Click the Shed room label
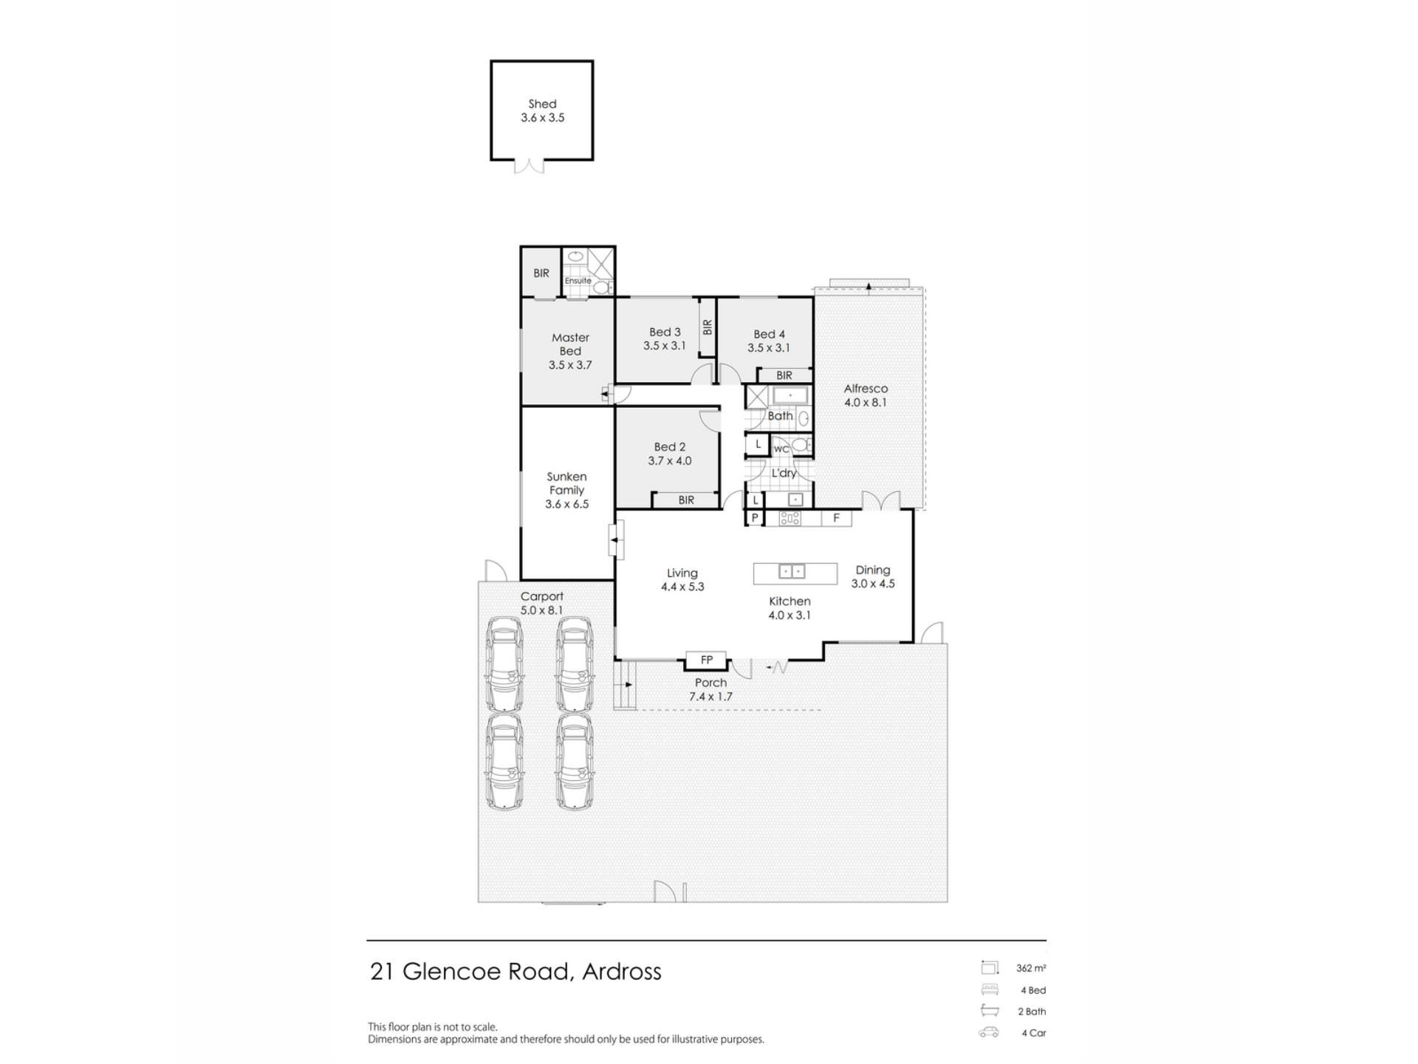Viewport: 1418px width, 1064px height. coord(542,104)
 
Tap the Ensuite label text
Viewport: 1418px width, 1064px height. coord(578,281)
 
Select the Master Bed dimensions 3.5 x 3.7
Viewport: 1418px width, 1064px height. coord(570,365)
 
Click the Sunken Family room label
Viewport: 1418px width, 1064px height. coord(566,483)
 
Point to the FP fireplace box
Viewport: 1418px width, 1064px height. coord(707,660)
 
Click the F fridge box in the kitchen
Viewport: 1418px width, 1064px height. coord(836,518)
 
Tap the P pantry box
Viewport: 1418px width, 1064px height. coord(755,518)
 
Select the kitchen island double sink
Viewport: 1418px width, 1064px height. coord(792,571)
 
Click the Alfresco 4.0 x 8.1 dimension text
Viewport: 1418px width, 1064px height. coord(866,403)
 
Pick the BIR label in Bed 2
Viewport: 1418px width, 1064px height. coord(686,500)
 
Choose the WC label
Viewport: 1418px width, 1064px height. coord(781,449)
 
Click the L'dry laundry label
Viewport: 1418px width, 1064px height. coord(784,473)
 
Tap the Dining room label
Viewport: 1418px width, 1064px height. coord(873,570)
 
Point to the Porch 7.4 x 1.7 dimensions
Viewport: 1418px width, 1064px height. coord(710,697)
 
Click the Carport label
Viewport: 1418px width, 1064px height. coord(542,597)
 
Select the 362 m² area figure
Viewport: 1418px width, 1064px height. coord(1031,968)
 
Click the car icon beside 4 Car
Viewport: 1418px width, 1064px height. coord(989,1033)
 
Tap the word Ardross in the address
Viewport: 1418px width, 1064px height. coord(622,971)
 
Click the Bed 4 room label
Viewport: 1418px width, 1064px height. coord(769,335)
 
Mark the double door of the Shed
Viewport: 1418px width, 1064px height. coord(529,166)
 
